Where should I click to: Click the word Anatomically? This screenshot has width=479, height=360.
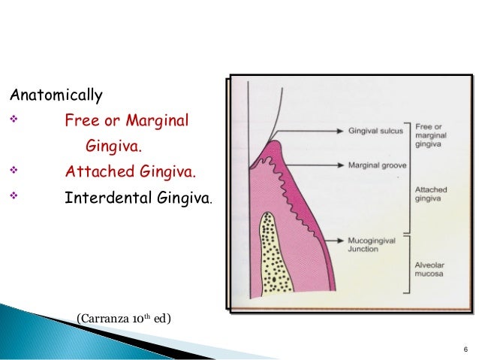pyautogui.click(x=55, y=96)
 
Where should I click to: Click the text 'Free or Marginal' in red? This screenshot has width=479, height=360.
pyautogui.click(x=127, y=120)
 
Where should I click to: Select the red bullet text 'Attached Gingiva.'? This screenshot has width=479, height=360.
pyautogui.click(x=130, y=174)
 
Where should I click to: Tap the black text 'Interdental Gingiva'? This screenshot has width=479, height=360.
pyautogui.click(x=138, y=199)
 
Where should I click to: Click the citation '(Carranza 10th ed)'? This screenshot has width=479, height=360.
pyautogui.click(x=123, y=319)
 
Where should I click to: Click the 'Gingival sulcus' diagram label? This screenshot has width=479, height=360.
pyautogui.click(x=375, y=130)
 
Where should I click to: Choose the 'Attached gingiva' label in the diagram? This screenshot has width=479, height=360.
pyautogui.click(x=430, y=194)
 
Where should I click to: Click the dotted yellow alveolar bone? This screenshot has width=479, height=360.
pyautogui.click(x=279, y=256)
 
